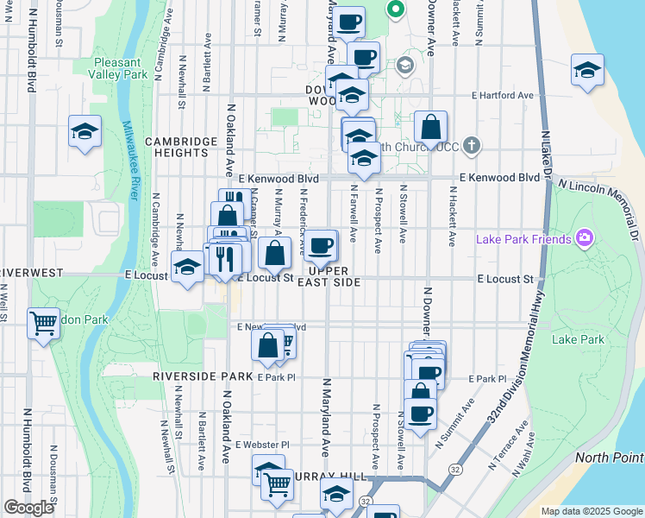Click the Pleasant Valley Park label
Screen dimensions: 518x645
coord(117,68)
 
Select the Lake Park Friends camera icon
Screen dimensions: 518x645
coord(585,237)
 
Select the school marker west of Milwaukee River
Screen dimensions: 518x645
coord(85,132)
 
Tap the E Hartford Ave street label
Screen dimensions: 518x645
coord(502,96)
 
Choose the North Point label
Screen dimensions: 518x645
coord(609,458)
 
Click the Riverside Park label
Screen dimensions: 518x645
coord(203,377)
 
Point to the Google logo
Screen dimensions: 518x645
coord(28,507)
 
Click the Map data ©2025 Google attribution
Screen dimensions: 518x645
coord(591,511)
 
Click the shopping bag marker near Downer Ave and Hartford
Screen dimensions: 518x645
coord(429,128)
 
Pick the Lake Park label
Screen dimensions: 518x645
coord(578,339)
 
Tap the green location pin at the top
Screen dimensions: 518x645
coord(396,10)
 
